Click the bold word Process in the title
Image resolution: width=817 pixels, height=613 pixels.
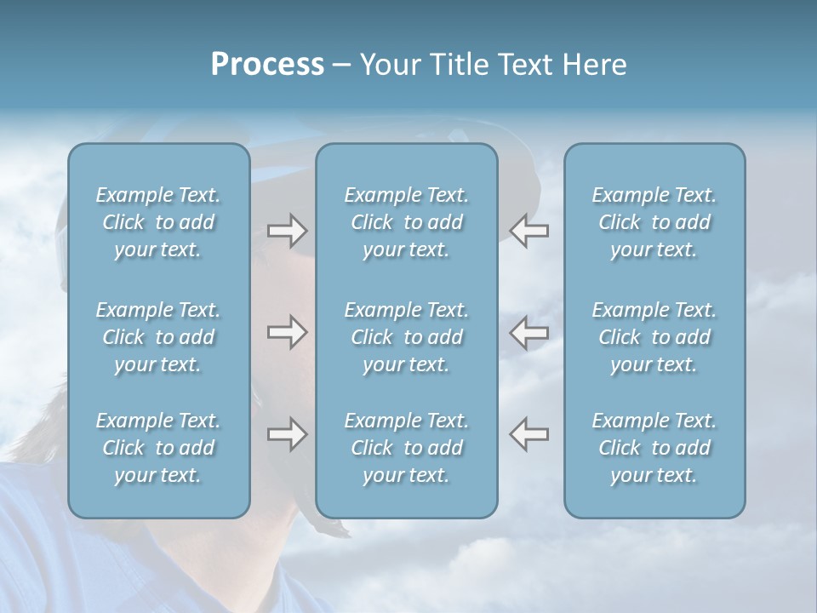[267, 65]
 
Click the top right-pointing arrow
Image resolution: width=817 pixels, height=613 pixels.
[287, 230]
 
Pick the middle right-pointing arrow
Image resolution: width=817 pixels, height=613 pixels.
[287, 332]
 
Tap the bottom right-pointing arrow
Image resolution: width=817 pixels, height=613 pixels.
[287, 434]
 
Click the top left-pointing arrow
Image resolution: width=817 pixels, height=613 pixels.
[528, 230]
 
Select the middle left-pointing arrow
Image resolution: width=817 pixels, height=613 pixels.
[528, 332]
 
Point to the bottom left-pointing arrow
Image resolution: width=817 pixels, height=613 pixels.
[528, 434]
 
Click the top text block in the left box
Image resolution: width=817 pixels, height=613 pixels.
[158, 222]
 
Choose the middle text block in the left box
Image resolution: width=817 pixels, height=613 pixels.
[158, 337]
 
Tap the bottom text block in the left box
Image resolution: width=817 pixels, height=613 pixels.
[158, 448]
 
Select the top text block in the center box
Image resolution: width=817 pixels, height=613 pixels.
[406, 222]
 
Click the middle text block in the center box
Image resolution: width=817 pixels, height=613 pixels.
[406, 337]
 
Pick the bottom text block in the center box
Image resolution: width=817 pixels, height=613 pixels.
[406, 448]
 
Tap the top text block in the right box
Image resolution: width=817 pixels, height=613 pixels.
[654, 222]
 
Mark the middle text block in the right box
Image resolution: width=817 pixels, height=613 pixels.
[654, 337]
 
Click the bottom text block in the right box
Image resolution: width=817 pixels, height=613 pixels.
[654, 448]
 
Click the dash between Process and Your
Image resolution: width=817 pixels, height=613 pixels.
[342, 66]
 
